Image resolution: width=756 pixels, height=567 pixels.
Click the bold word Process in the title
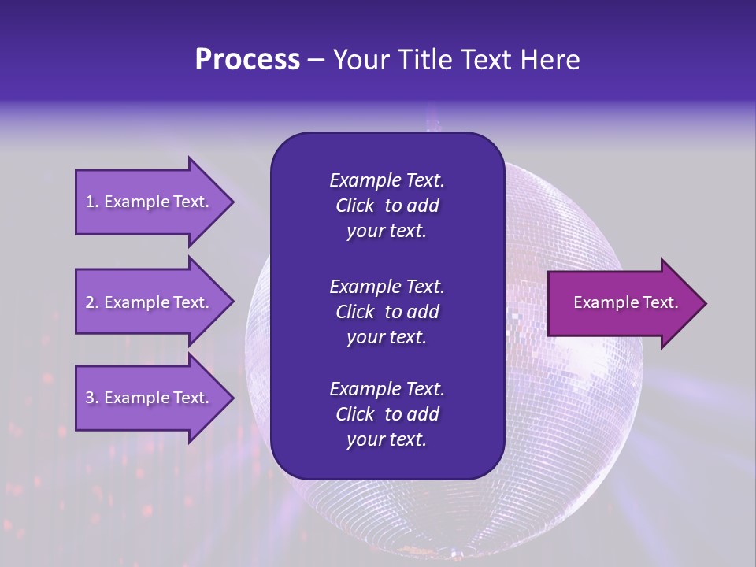click(247, 60)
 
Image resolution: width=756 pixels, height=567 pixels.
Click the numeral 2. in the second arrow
click(92, 302)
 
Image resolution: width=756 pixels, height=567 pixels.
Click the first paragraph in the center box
click(387, 206)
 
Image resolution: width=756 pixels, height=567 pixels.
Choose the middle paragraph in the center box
click(387, 312)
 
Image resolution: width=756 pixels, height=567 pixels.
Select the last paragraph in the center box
click(387, 414)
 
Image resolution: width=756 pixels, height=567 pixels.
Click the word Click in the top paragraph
click(355, 206)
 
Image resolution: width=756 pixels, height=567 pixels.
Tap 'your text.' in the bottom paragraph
click(387, 440)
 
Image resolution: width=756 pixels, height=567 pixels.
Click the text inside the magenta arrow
click(625, 302)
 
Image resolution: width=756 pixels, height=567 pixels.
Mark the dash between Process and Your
click(317, 60)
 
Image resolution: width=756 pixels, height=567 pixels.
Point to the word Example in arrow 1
click(138, 202)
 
